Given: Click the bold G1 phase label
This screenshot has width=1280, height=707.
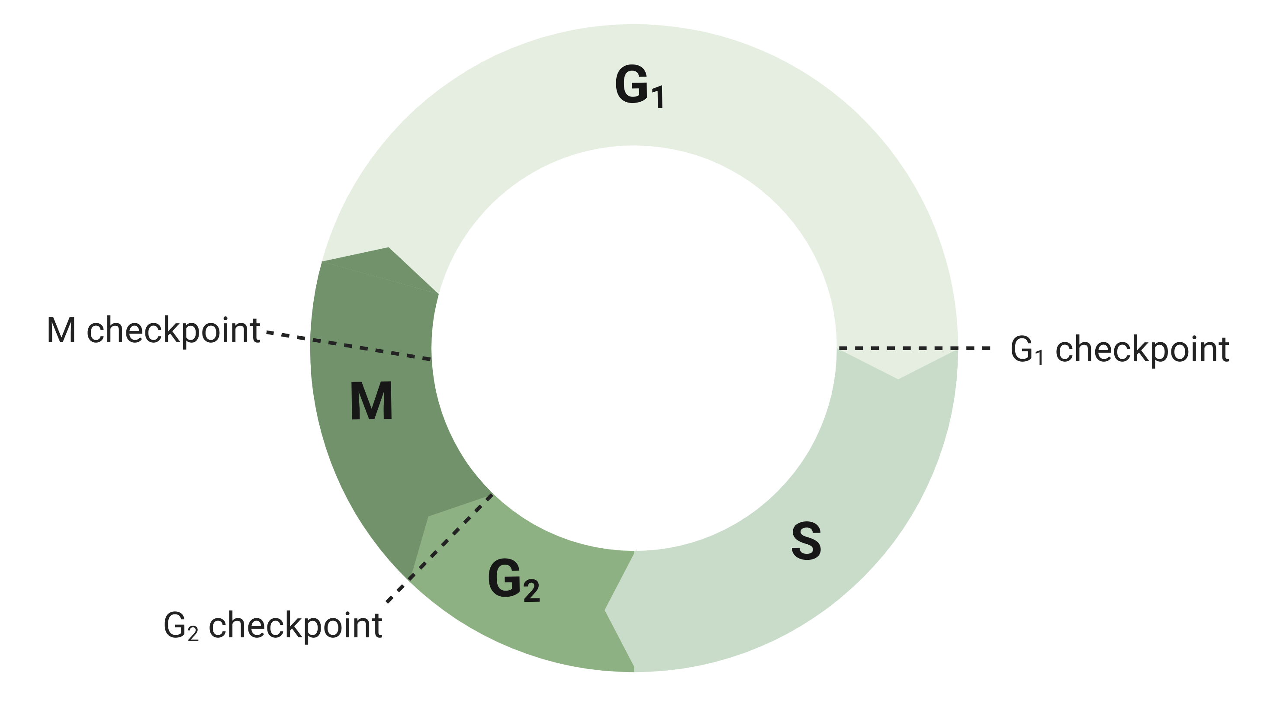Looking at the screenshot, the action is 639,87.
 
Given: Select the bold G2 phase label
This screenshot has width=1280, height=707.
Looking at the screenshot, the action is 514,580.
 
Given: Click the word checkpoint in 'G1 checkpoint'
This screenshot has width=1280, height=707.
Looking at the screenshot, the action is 1142,351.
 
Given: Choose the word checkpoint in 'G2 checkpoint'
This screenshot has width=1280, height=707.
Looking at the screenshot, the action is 296,627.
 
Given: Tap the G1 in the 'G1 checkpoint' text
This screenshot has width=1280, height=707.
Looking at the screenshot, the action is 1026,350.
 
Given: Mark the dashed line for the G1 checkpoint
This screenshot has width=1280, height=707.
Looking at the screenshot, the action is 914,348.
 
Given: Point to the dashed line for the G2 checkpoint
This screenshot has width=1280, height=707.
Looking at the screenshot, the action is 440,548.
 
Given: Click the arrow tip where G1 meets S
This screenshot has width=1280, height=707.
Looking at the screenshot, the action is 898,379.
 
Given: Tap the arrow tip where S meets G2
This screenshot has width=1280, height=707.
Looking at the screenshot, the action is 605,610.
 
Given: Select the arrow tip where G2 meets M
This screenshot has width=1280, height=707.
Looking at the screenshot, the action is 428,516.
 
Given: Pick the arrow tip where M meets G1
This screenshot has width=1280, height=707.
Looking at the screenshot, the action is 389,247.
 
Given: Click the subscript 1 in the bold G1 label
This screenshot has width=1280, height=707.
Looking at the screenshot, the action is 658,97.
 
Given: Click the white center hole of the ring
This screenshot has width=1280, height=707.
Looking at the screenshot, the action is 634,348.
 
